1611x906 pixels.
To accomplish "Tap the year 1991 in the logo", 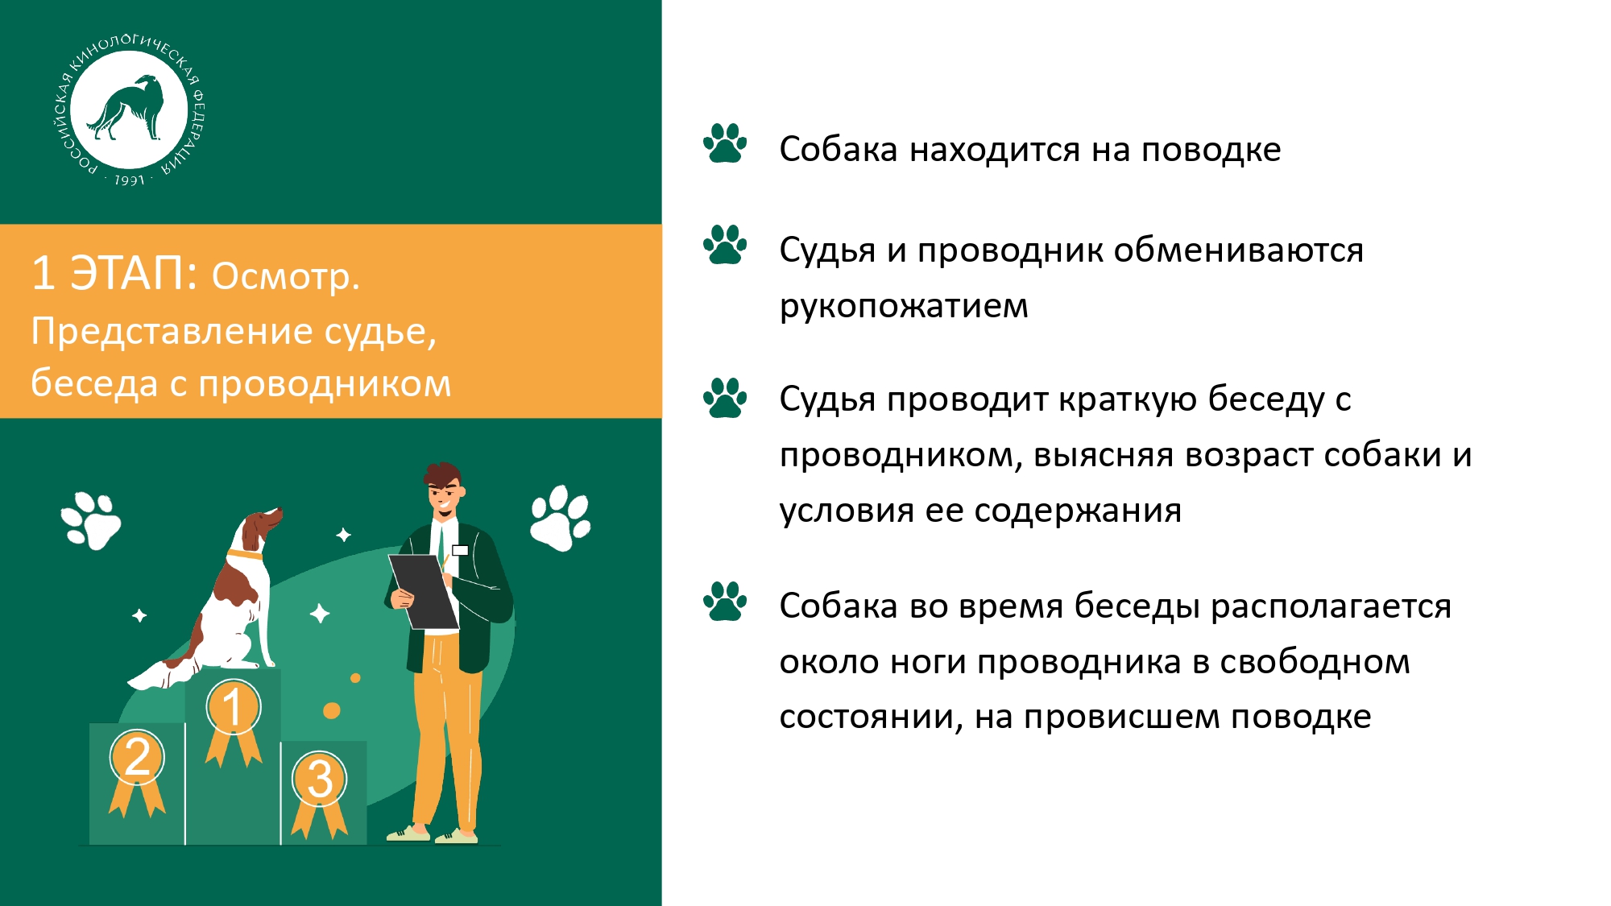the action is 129,180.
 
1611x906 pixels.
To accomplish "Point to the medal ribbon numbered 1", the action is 233,722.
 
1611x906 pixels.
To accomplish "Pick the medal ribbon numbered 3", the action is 320,794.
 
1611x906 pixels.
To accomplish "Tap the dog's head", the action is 259,527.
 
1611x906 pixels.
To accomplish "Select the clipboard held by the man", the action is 424,590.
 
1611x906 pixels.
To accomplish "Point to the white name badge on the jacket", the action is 461,550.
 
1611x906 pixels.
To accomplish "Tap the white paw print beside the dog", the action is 91,520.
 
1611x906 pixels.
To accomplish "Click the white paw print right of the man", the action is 561,518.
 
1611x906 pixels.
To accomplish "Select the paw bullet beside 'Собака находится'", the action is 725,143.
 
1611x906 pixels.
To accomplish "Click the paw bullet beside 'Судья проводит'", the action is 725,398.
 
